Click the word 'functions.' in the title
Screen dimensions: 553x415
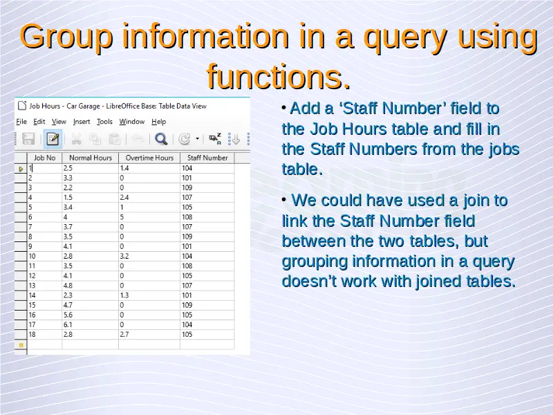click(279, 77)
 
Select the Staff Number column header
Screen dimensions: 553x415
click(207, 158)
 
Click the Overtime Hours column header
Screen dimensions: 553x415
click(149, 158)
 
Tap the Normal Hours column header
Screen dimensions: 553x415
click(91, 158)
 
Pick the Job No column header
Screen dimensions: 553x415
click(44, 158)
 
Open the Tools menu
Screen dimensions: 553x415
click(104, 122)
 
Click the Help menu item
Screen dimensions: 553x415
click(159, 122)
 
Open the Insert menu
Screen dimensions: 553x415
click(82, 122)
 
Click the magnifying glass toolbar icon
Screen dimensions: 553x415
click(161, 139)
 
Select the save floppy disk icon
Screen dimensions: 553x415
click(28, 139)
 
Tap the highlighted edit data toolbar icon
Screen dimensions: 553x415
click(53, 139)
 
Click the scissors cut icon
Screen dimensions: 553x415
click(76, 139)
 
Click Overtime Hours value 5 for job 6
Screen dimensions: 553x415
click(122, 217)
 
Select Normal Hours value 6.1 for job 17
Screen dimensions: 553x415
click(68, 324)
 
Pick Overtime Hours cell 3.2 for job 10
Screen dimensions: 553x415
click(124, 256)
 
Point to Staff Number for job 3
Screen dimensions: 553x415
click(187, 187)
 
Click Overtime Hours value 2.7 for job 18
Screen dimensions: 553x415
click(124, 335)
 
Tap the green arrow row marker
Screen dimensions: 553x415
click(21, 169)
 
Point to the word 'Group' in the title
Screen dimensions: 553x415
click(66, 37)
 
